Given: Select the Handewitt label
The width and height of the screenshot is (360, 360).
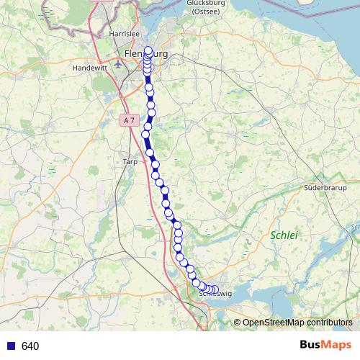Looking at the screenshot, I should (x=89, y=67).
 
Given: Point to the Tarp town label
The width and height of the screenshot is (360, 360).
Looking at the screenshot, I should (x=130, y=162).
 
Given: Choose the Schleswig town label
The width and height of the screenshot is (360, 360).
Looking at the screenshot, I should (x=214, y=294).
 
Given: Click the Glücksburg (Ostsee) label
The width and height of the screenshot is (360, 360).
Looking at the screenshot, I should (x=207, y=6).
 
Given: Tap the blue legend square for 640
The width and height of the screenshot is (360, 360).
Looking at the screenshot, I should (x=10, y=346).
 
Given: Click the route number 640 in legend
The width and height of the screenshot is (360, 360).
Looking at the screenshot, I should (x=30, y=346).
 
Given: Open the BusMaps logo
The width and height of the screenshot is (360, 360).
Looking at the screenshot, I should (x=325, y=346).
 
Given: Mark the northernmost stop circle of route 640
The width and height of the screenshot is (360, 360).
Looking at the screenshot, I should (x=149, y=50).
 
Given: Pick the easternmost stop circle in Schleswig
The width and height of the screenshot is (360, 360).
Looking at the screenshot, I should (x=215, y=290).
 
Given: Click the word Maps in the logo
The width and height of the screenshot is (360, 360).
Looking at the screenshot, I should (x=336, y=346).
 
